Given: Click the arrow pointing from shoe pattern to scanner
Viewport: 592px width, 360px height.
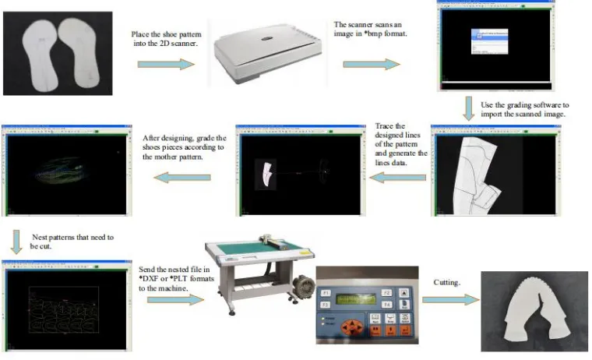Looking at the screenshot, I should (165, 63).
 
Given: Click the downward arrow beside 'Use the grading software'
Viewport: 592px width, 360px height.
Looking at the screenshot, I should (468, 107).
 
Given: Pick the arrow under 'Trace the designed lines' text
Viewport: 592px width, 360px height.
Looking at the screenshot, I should (396, 179).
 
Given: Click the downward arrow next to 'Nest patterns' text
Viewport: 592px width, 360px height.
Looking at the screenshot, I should (17, 241).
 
